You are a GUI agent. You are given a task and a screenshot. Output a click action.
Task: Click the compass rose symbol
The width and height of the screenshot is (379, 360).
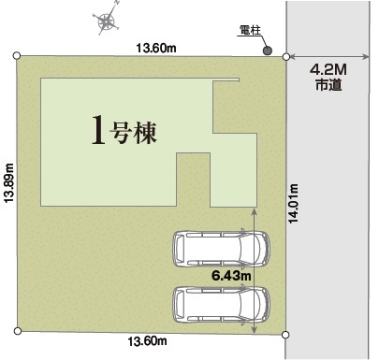107,22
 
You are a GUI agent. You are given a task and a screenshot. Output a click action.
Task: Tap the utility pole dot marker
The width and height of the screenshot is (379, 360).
268,50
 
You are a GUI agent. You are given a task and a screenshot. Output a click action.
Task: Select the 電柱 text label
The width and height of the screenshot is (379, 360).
250,30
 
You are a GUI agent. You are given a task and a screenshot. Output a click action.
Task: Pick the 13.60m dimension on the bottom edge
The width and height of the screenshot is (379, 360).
148,341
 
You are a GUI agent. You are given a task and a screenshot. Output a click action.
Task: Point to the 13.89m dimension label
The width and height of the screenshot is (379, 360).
9,183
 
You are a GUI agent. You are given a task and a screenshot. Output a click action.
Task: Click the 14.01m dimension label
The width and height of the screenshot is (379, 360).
293,204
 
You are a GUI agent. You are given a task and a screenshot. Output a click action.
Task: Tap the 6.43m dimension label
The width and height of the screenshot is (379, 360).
231,276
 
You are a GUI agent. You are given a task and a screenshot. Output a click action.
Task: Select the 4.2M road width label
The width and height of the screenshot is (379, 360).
328,70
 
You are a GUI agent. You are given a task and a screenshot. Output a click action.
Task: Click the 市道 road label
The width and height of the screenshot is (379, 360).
328,85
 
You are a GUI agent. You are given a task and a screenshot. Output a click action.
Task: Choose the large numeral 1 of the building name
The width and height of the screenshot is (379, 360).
98,130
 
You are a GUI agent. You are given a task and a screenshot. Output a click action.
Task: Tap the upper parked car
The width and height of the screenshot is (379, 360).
222,249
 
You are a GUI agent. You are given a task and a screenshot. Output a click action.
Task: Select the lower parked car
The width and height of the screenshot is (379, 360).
222,305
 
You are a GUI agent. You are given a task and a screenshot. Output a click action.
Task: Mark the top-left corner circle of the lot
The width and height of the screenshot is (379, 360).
17,56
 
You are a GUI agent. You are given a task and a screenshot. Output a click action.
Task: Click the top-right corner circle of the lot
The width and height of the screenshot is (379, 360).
286,57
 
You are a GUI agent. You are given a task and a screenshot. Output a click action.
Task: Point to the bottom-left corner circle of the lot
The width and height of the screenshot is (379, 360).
18,331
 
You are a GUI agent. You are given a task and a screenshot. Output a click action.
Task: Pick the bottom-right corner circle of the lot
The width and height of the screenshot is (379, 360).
285,335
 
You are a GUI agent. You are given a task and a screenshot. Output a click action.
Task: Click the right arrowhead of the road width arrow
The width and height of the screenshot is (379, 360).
366,57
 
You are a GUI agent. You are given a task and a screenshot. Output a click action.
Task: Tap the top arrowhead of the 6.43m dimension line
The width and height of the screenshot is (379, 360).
255,212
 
